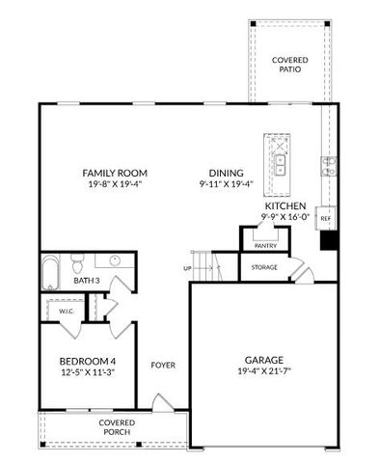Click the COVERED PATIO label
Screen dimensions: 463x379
[289, 66]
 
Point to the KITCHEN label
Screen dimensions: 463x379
[285, 206]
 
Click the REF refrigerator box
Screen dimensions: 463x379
[326, 219]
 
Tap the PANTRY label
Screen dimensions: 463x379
[265, 246]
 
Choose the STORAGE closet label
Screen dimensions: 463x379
[265, 267]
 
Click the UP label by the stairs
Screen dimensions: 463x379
[187, 268]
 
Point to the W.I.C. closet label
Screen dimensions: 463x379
[56, 311]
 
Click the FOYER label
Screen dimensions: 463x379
[161, 366]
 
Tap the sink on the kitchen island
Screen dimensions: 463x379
[282, 160]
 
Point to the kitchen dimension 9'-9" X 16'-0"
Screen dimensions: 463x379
[285, 218]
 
